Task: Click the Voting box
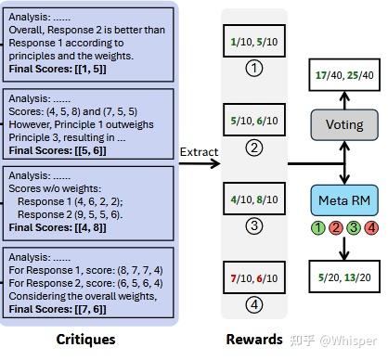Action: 344,124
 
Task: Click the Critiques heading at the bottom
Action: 85,340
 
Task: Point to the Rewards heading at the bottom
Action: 254,340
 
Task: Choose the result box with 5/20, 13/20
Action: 344,276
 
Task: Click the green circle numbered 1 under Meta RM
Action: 320,228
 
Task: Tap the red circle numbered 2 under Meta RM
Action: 336,228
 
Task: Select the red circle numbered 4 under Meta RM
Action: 370,228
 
